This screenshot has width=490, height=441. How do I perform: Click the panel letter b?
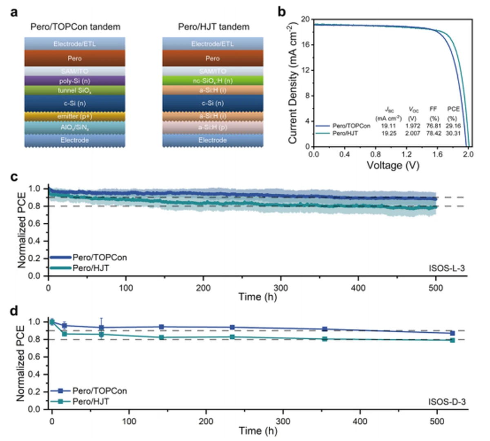(x=282, y=12)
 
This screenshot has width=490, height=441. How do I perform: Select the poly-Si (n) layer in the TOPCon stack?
(x=74, y=81)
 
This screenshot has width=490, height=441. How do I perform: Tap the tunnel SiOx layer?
(x=74, y=91)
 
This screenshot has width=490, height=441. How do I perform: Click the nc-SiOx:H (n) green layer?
(x=212, y=81)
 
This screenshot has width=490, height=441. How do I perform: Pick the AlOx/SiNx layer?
(x=74, y=128)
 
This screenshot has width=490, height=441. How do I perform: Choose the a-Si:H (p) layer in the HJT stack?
(x=212, y=128)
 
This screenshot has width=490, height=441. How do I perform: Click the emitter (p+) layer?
(x=74, y=116)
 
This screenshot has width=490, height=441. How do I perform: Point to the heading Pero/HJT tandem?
(x=214, y=27)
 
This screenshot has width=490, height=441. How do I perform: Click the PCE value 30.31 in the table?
(x=453, y=133)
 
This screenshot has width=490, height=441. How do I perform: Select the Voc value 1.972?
(x=414, y=126)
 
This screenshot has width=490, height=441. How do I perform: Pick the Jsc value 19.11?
(x=388, y=126)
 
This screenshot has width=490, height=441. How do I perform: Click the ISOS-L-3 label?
(x=447, y=268)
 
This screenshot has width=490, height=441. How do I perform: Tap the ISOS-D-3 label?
(x=447, y=402)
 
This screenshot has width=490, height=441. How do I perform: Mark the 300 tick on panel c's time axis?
(x=281, y=288)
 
